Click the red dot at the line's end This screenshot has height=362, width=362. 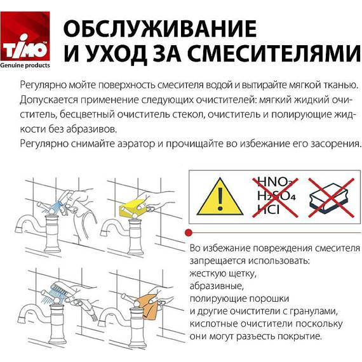(189, 232)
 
